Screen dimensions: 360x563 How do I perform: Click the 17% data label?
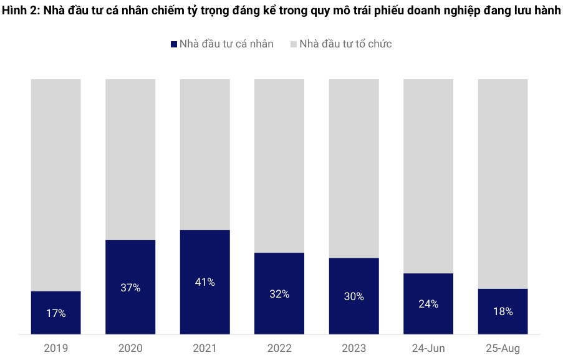tap(55, 314)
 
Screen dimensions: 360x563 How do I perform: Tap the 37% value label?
tap(130, 288)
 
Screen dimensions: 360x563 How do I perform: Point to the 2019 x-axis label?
tap(55, 348)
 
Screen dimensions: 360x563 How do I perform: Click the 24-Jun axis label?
tap(428, 348)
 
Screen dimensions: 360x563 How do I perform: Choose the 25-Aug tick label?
tap(503, 348)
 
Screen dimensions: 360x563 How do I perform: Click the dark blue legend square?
tap(173, 44)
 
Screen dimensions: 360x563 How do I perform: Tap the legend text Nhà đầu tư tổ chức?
tap(345, 44)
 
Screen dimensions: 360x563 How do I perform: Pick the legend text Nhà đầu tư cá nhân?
tap(226, 44)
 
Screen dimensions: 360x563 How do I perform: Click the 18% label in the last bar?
tap(503, 311)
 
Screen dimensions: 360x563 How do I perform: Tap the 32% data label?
tap(279, 294)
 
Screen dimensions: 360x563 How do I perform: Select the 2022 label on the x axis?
tap(279, 348)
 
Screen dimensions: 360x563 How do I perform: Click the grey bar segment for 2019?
tap(55, 185)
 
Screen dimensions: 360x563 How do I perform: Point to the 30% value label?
tap(354, 296)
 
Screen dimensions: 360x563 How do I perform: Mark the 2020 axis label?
tap(130, 348)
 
